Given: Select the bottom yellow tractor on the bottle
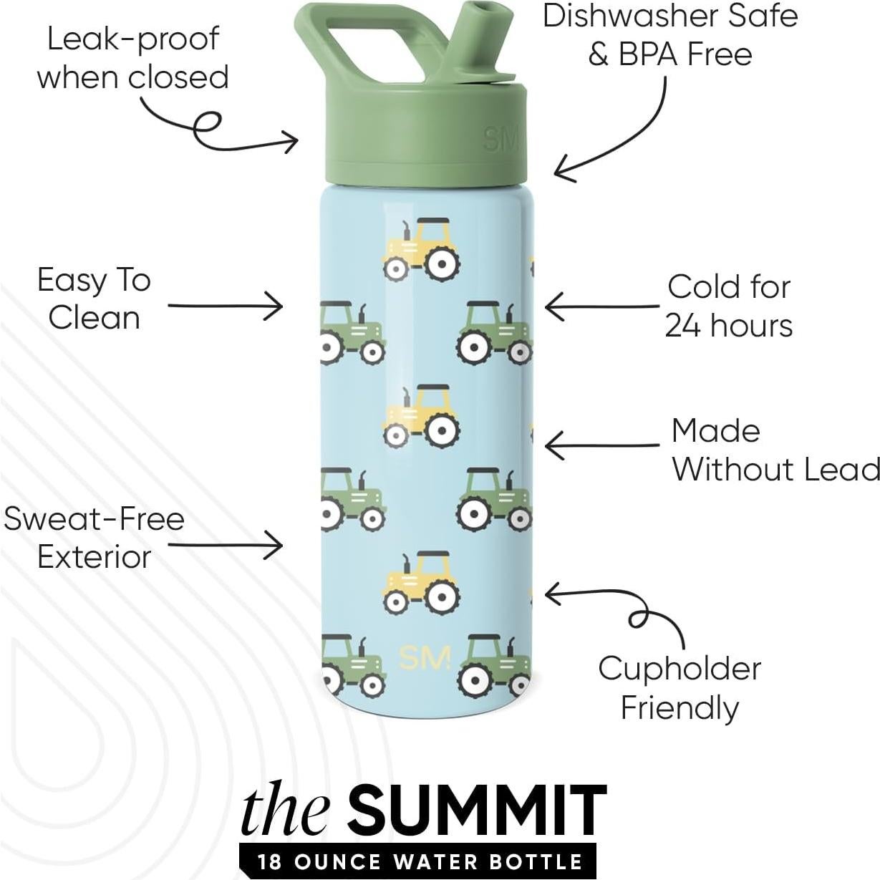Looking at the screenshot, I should (422, 583).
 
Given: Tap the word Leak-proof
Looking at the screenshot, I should (133, 39).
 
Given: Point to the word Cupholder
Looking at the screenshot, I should (680, 669).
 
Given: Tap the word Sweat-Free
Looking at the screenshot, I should (94, 518).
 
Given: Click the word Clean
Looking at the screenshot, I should (94, 318).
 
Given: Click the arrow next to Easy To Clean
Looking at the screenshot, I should (226, 306).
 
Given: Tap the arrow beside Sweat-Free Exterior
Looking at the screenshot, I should (226, 546).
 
